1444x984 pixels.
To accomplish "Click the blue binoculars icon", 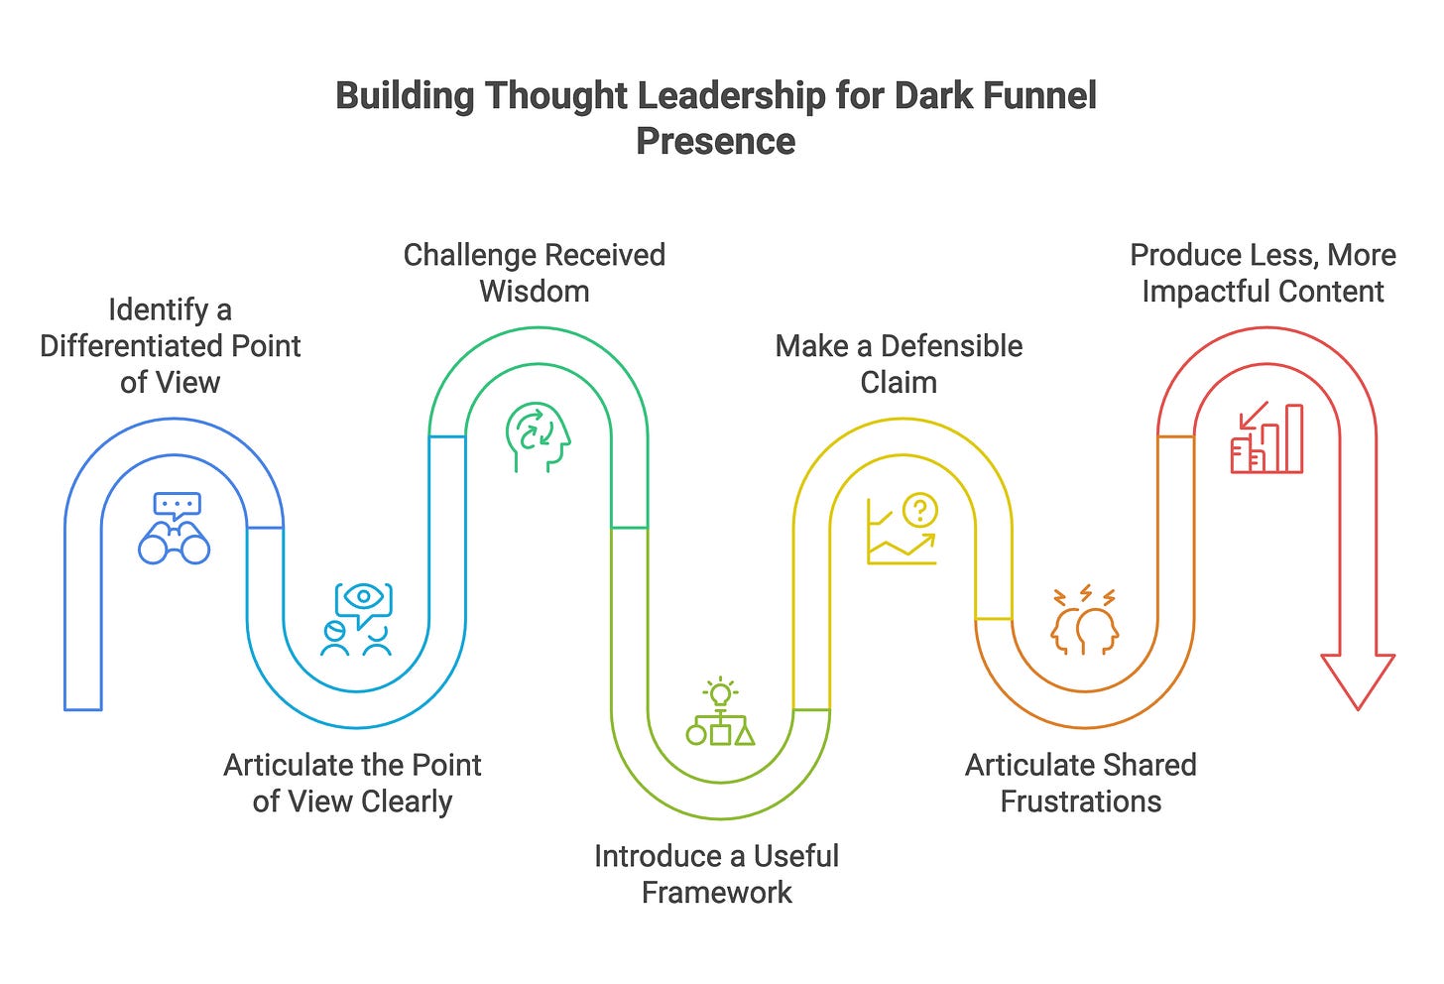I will pyautogui.click(x=175, y=529).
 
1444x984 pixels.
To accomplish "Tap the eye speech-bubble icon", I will pyautogui.click(x=358, y=619).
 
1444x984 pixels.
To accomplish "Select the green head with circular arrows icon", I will pyautogui.click(x=539, y=437).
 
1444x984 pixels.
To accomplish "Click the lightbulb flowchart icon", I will pyautogui.click(x=720, y=712).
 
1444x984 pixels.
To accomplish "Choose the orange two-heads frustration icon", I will pyautogui.click(x=1084, y=621).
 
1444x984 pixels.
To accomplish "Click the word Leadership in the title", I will pyautogui.click(x=731, y=96).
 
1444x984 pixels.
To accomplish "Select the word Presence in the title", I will pyautogui.click(x=715, y=141).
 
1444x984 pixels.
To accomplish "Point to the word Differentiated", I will pyautogui.click(x=131, y=346).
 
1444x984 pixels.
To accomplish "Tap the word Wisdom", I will pyautogui.click(x=535, y=292).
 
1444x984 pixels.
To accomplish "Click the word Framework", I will pyautogui.click(x=716, y=893).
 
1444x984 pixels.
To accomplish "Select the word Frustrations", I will pyautogui.click(x=1080, y=801).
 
